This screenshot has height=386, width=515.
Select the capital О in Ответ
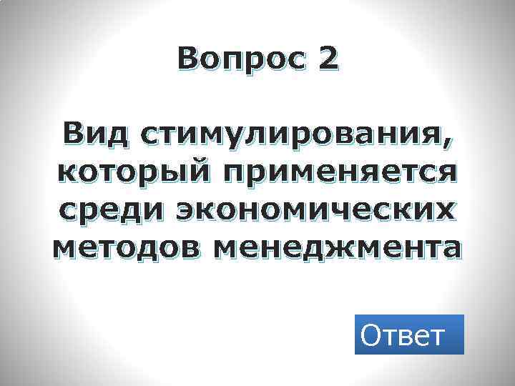(373, 334)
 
